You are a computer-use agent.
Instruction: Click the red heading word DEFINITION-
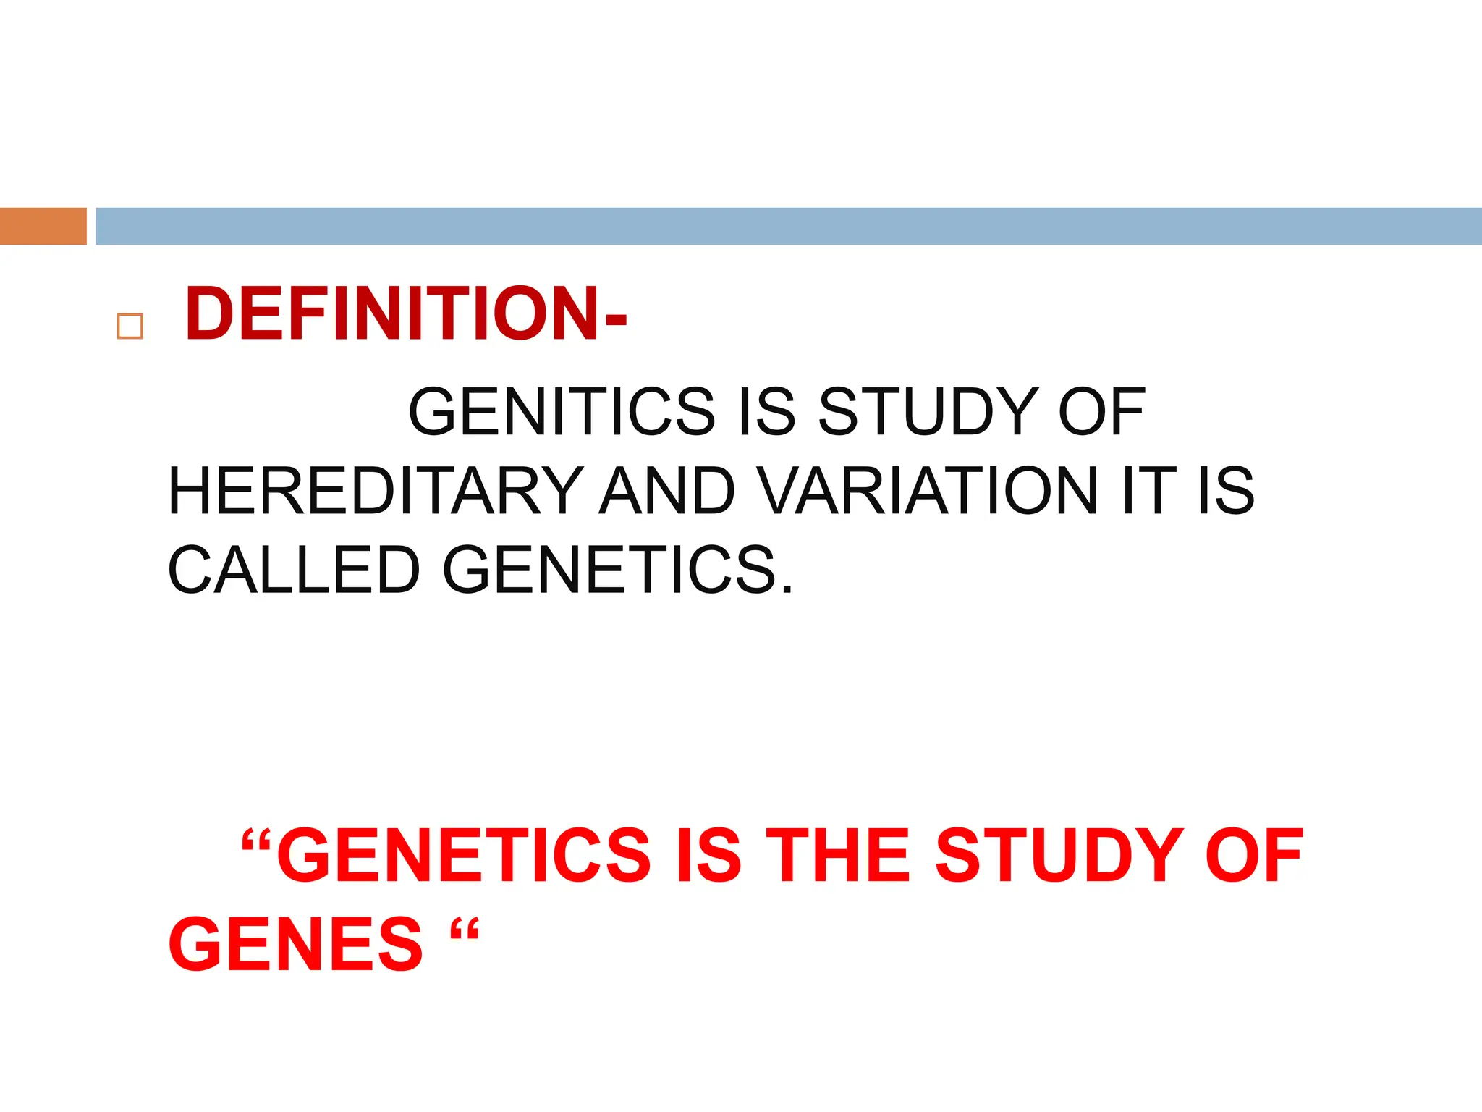[406, 313]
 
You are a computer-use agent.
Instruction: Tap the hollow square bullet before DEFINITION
[130, 327]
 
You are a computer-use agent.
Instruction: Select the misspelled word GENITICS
[562, 411]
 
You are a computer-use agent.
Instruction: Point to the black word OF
[1101, 411]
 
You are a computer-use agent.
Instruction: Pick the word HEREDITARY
[375, 491]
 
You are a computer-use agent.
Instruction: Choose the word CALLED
[294, 570]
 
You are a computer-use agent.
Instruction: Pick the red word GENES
[295, 944]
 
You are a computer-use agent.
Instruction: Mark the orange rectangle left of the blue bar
[43, 226]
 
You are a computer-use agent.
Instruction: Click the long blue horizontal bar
[789, 226]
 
